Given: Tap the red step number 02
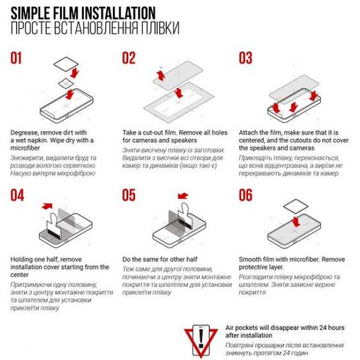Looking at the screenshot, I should click(129, 58).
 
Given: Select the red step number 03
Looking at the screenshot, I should click(245, 58).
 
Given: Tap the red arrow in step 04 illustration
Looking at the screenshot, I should click(47, 206).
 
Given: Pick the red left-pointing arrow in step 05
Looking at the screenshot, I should click(182, 195).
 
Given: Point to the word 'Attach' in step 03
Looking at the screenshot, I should click(249, 132).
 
